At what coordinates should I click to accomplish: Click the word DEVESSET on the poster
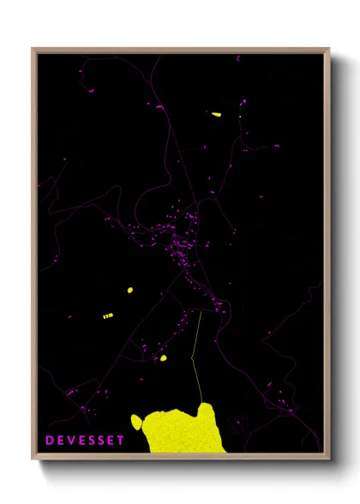pos(85,441)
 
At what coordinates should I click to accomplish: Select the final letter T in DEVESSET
pos(121,441)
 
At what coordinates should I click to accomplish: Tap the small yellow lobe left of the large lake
pos(136,420)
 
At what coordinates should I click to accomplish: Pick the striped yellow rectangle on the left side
pos(108,316)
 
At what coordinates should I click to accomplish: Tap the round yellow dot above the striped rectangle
pos(130,290)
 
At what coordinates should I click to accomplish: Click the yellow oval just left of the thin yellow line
pos(163,358)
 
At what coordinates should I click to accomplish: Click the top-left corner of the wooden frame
pos(33,50)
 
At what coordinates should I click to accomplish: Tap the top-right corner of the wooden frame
pos(328,50)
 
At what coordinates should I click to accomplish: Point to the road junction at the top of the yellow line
pos(200,312)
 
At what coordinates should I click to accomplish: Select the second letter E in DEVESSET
pos(80,441)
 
